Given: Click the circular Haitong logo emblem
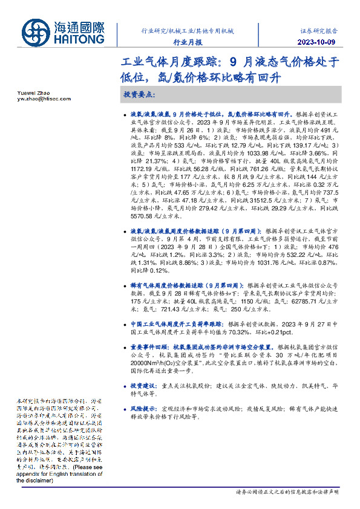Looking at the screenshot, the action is [38, 31].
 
